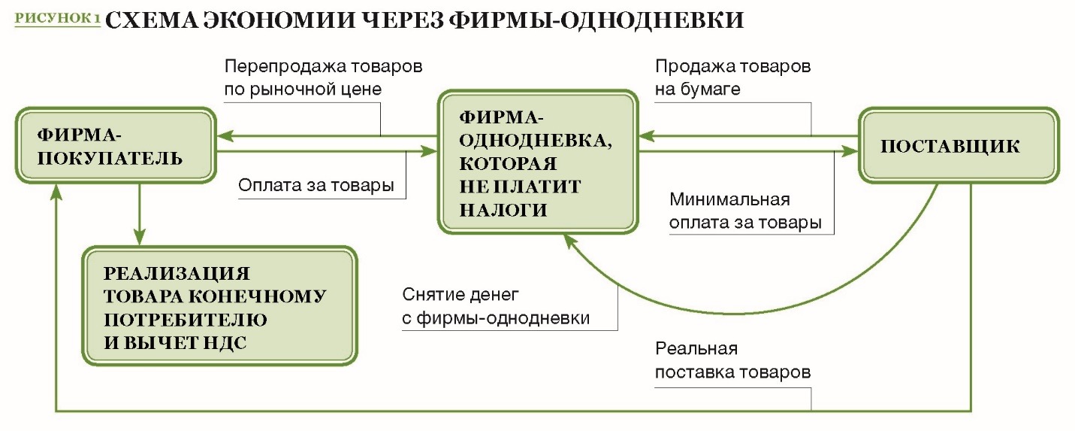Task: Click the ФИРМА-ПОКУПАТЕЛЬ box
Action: (116, 146)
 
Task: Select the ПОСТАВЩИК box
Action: (959, 146)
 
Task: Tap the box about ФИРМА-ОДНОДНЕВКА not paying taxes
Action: (538, 162)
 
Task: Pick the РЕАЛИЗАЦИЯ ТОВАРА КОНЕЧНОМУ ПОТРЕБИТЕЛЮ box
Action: (220, 306)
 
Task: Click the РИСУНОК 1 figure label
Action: (58, 18)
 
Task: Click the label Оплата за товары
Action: (316, 185)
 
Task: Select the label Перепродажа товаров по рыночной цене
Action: (323, 77)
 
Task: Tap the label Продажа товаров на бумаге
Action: (732, 77)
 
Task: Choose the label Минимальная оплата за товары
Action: (745, 211)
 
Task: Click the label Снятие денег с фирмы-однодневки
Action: (496, 306)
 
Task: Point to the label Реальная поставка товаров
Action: (732, 360)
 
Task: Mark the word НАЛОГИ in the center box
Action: (503, 210)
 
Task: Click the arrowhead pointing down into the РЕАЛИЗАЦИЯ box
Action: (139, 237)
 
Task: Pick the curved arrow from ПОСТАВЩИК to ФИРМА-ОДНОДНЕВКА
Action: (734, 313)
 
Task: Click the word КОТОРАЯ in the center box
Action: (508, 164)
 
